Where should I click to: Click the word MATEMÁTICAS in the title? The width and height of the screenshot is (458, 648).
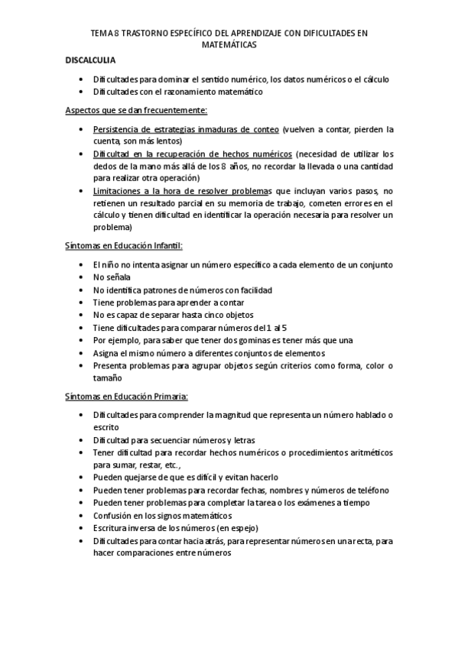pyautogui.click(x=229, y=45)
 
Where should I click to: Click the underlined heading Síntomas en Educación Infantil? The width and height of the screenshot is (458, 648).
pyautogui.click(x=124, y=246)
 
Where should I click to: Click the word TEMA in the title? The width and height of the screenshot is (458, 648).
pyautogui.click(x=100, y=34)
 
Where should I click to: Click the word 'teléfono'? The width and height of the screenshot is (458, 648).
pyautogui.click(x=372, y=490)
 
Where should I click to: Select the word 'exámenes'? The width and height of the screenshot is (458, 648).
pyautogui.click(x=314, y=503)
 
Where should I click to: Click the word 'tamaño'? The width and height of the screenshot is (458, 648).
pyautogui.click(x=107, y=377)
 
